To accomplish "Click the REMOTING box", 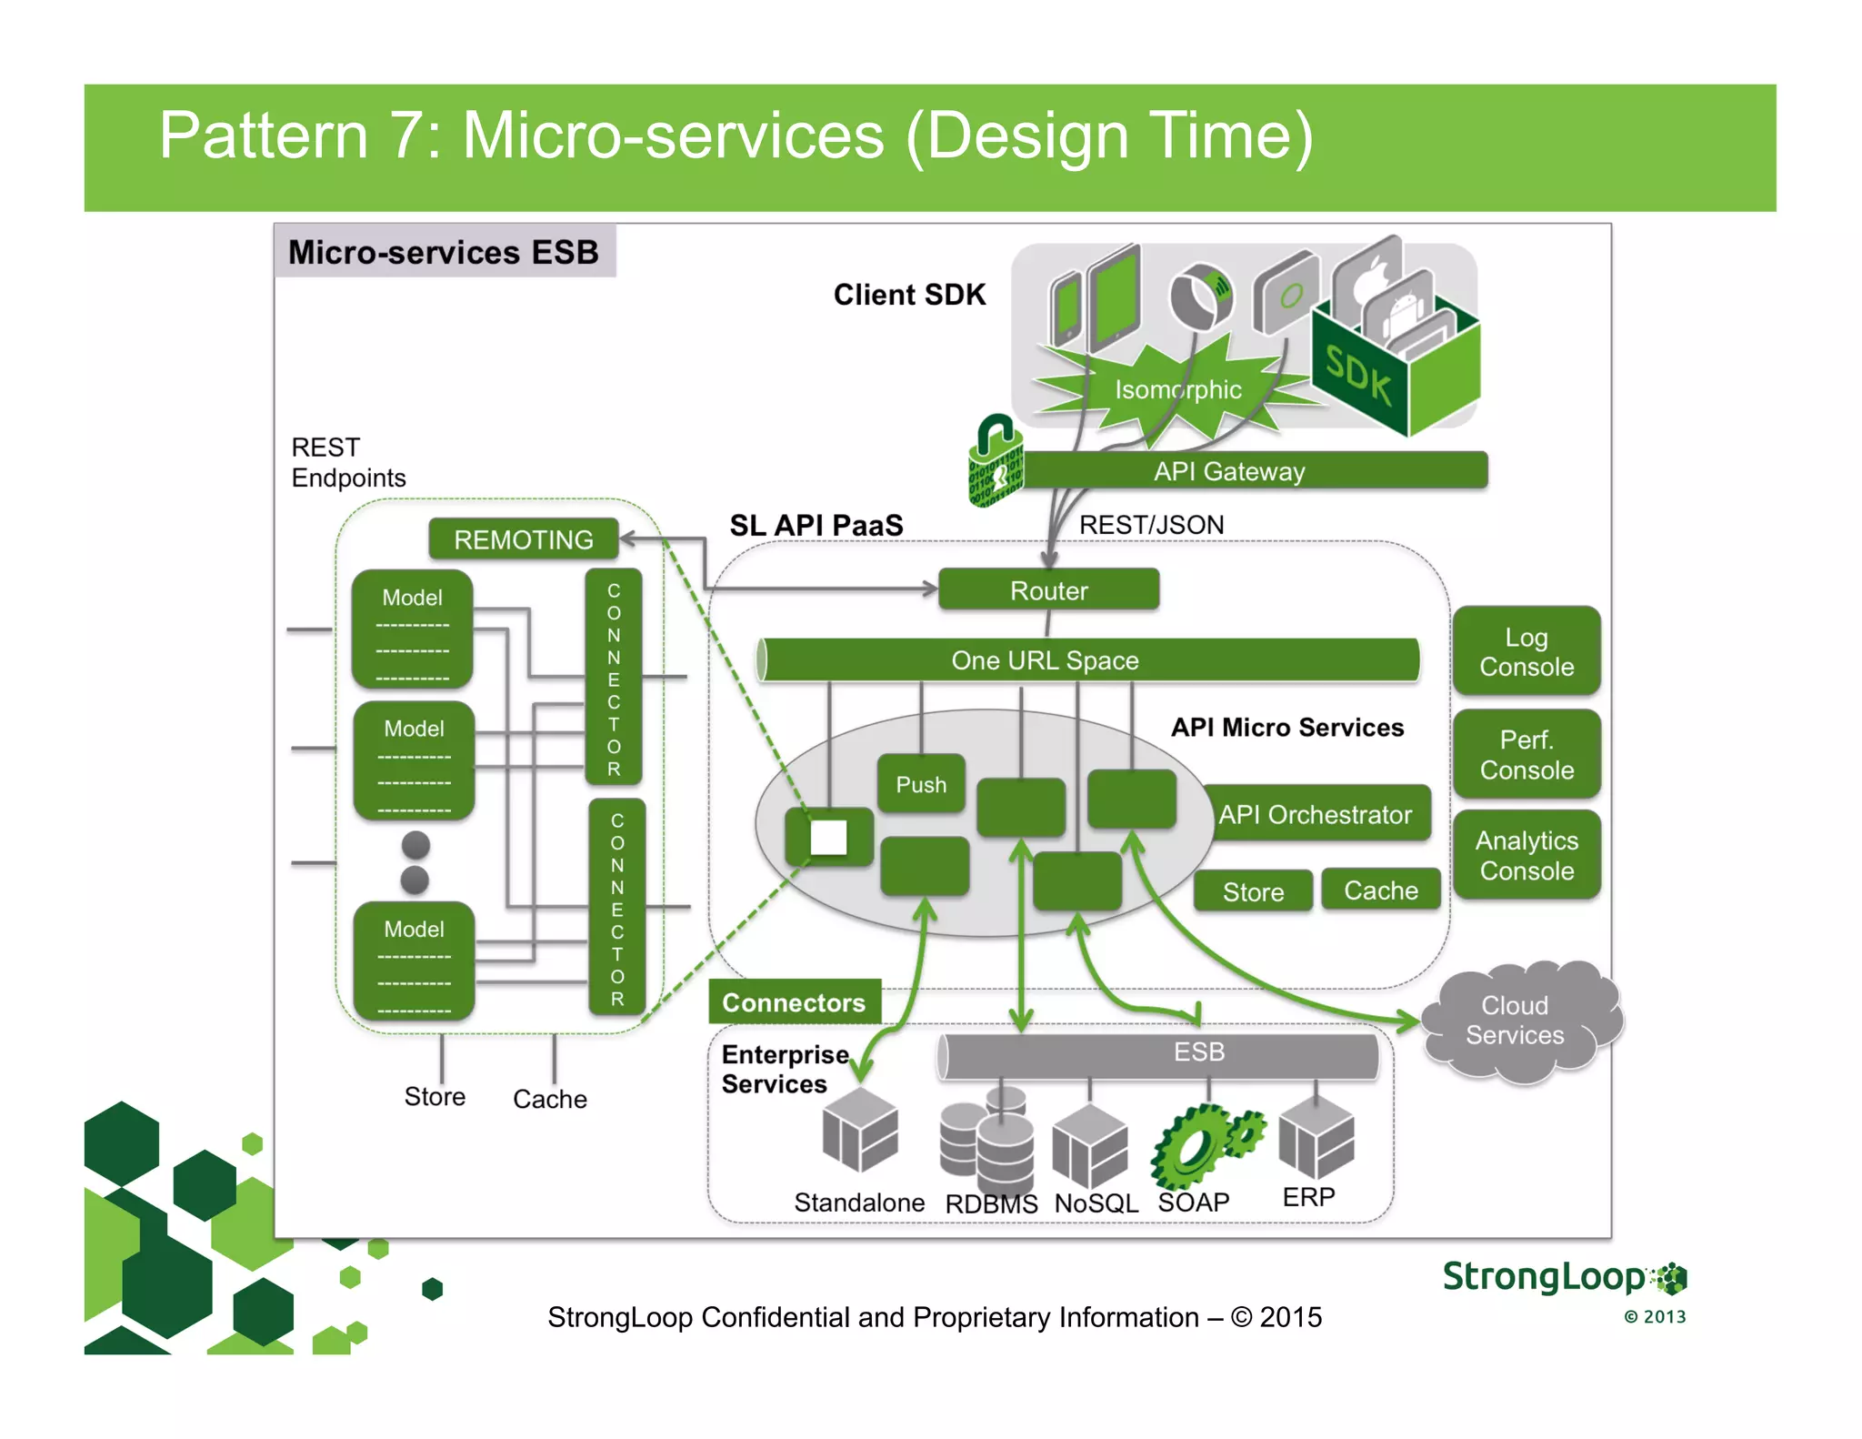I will coord(524,539).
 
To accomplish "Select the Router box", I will coord(1048,590).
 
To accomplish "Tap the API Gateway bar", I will coord(1255,471).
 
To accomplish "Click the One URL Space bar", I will coord(1087,659).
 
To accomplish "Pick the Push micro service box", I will coord(921,783).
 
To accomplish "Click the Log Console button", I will coord(1526,651).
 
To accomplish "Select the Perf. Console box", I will coord(1526,754).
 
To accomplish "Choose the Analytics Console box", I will coord(1526,855).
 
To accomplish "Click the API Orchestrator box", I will coord(1315,814).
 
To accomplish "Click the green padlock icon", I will coord(995,463).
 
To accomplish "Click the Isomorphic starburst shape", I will coord(1176,389).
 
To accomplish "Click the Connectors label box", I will coord(794,1002).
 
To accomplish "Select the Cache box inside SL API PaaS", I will coord(1380,890).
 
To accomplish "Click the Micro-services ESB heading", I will coord(444,252).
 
